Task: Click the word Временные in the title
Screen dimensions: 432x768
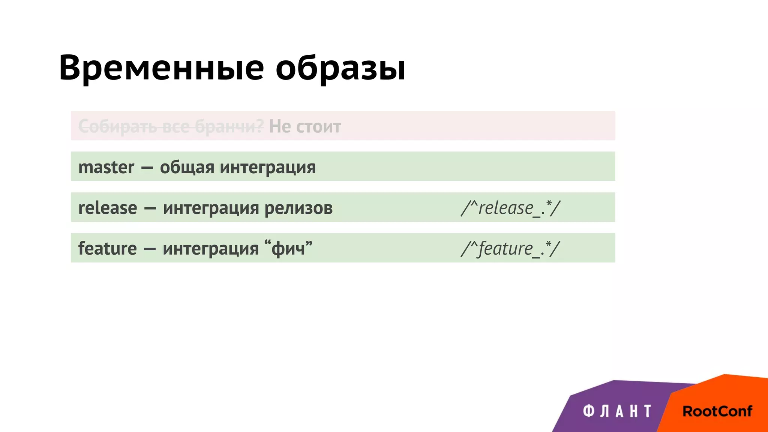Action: (162, 68)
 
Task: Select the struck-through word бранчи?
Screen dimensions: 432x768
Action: (229, 127)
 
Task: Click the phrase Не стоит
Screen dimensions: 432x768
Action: (305, 127)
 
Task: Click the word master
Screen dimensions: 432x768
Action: (106, 167)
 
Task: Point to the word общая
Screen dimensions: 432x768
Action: (187, 168)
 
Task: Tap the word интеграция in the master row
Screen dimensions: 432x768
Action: (268, 168)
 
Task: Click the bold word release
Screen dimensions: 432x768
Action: (108, 208)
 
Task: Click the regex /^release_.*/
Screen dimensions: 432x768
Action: (510, 208)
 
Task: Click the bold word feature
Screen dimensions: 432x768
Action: (107, 249)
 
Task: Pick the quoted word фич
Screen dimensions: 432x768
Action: (288, 249)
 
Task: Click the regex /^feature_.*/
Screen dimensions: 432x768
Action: (510, 249)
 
